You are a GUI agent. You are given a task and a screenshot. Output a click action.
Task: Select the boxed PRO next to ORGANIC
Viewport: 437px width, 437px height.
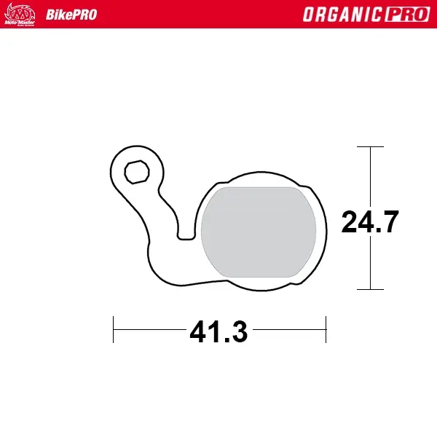click(404, 15)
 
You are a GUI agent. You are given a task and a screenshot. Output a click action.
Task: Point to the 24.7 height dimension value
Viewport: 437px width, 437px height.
click(370, 221)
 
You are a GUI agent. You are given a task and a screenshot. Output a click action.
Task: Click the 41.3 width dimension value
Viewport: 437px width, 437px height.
click(219, 332)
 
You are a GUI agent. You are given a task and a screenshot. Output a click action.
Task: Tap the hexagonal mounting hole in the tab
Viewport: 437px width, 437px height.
click(135, 173)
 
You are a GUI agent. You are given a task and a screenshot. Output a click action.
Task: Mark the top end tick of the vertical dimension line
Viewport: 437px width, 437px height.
click(371, 146)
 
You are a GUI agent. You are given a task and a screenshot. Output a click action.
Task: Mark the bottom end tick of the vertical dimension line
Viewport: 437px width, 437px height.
click(371, 289)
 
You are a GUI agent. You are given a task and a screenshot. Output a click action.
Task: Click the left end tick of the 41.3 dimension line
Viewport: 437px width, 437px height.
click(113, 329)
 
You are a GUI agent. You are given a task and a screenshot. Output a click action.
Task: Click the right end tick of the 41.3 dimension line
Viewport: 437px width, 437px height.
click(326, 329)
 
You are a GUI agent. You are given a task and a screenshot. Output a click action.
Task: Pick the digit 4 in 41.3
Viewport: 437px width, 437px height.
click(199, 332)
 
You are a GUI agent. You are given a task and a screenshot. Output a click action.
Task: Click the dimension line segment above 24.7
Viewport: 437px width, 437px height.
click(371, 175)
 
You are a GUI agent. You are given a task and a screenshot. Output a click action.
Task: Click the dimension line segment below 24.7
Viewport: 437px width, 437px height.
click(371, 262)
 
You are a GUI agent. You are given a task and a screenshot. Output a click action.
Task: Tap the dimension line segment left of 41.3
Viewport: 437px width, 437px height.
click(149, 329)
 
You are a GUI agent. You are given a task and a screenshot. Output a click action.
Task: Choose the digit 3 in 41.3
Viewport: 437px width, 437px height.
click(238, 332)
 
